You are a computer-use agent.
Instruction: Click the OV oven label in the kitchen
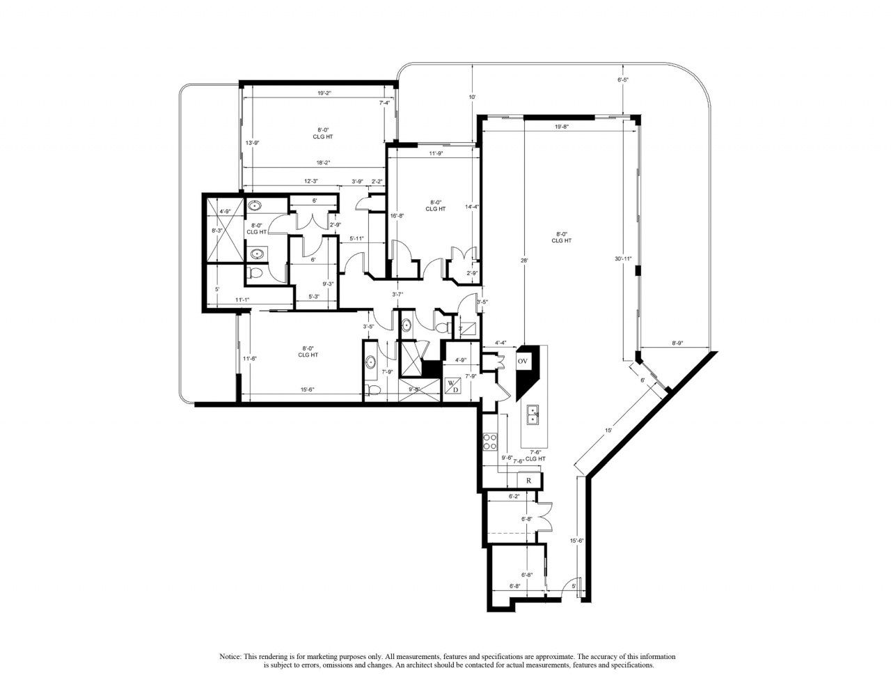tap(523, 361)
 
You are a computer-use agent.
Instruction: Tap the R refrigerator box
tap(529, 480)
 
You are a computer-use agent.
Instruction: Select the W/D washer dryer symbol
tap(452, 385)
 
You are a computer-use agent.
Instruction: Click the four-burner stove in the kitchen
tap(489, 442)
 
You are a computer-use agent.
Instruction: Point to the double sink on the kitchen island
tap(533, 414)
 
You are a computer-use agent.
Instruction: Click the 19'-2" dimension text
tap(321, 93)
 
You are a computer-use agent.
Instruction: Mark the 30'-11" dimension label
tap(623, 258)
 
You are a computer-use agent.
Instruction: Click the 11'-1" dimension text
tap(242, 300)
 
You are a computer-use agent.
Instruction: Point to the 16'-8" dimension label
tap(397, 216)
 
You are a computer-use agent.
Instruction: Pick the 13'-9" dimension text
tap(253, 144)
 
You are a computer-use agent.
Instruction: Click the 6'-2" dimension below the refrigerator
tap(514, 497)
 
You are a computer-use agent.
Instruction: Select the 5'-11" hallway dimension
tap(358, 238)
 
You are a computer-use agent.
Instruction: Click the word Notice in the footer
tap(230, 657)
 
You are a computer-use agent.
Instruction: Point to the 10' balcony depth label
tap(472, 97)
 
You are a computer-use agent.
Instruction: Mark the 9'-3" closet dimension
tap(329, 284)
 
